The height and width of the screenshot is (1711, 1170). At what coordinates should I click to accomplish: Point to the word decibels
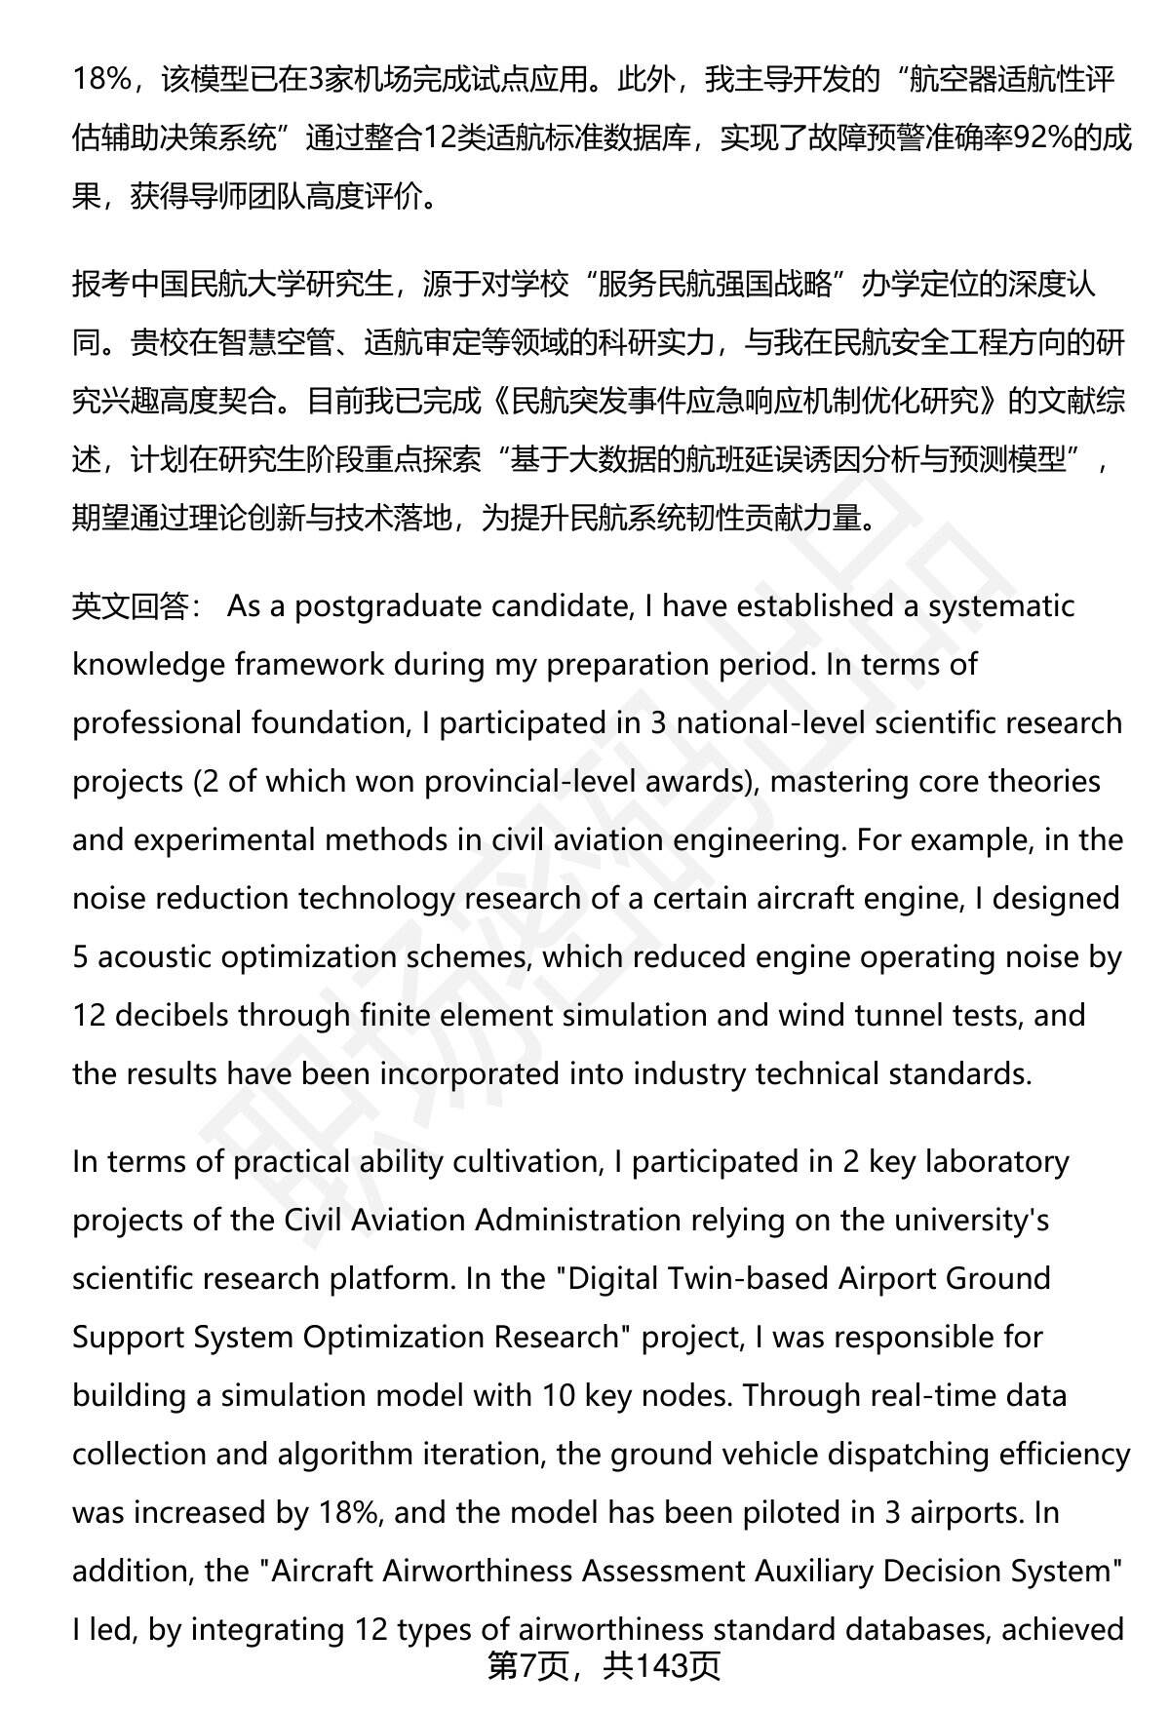pos(172,1016)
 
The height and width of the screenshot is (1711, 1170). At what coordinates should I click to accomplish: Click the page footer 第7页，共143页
pos(604,1665)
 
